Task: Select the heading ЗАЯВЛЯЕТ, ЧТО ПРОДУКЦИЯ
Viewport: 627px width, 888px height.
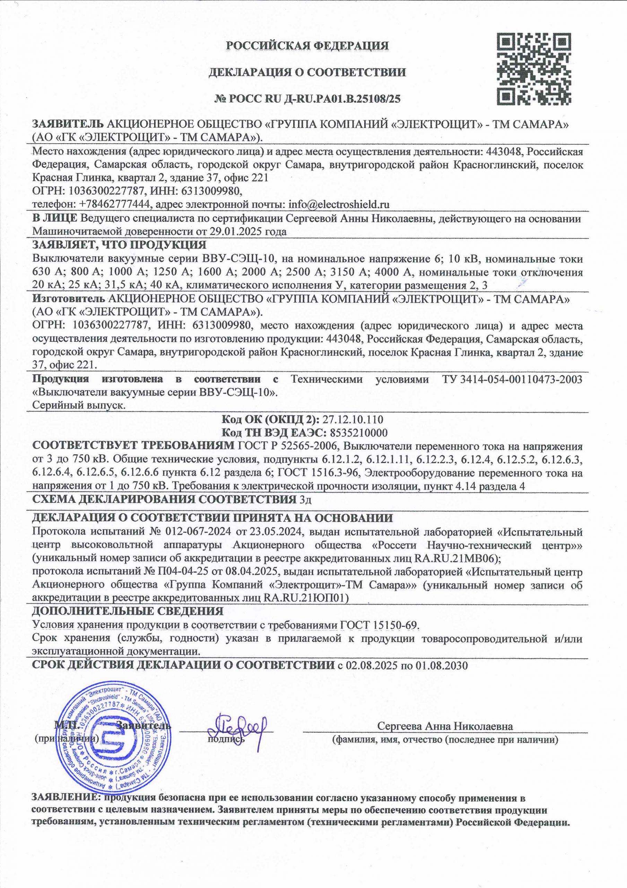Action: (x=119, y=245)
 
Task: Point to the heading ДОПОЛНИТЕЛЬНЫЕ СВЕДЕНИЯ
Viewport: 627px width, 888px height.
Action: (x=128, y=611)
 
